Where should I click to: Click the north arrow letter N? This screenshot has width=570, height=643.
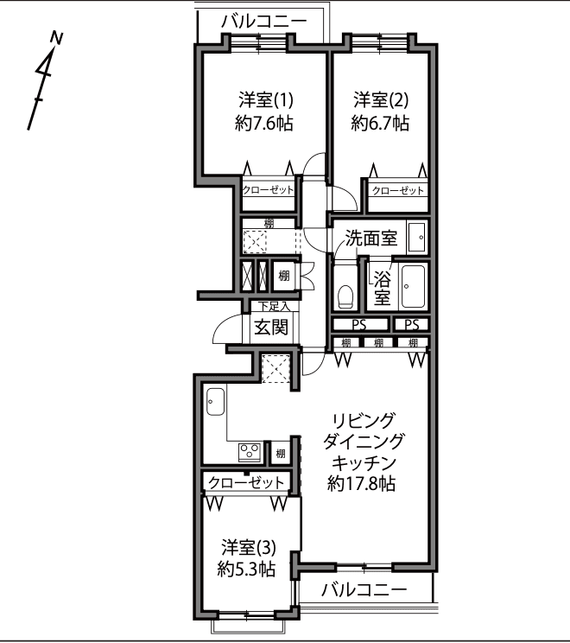coord(56,38)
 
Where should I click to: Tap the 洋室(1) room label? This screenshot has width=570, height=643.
coord(266,99)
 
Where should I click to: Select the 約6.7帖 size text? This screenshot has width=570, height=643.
coord(380,123)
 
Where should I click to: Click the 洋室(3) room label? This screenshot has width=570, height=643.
coord(249,547)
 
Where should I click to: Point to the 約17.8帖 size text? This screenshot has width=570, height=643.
coord(361,484)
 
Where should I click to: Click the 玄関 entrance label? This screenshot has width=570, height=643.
coord(271,327)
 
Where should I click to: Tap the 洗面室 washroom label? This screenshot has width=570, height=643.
coord(371,238)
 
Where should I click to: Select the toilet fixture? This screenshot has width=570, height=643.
coord(345,296)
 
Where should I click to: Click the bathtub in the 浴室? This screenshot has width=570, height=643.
coord(413,286)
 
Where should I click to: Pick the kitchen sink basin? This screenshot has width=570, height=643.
coord(216,402)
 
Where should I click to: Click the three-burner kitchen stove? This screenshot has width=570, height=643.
coord(250,452)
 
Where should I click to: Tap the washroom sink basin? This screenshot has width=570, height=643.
coord(417,237)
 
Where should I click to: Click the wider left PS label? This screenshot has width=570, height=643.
coord(359,325)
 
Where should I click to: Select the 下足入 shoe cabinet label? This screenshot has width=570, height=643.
coord(274,306)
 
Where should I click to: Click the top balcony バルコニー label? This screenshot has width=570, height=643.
coord(264,22)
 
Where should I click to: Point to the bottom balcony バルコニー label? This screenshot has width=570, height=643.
coord(364,589)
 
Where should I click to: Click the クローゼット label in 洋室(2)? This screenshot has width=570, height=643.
coord(397,191)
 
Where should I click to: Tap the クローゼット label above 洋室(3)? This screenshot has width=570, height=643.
coord(246,482)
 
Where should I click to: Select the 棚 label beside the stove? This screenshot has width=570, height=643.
coord(281,454)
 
